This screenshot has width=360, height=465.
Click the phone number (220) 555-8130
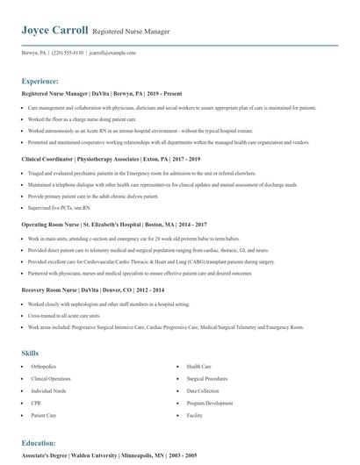point(68,52)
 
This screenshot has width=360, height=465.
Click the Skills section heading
point(30,353)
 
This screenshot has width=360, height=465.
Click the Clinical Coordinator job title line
point(111,159)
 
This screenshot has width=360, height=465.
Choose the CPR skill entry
point(36,403)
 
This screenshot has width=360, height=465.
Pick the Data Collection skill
point(203,390)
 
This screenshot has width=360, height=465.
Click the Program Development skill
point(208,403)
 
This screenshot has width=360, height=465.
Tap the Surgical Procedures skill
point(207,379)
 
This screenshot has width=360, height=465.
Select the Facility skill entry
point(194,415)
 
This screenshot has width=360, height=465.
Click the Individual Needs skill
point(48,390)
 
